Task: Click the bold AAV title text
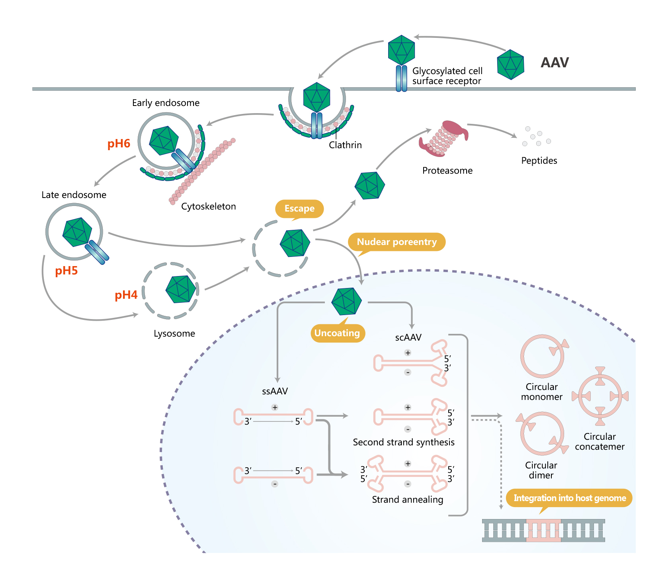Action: coord(555,63)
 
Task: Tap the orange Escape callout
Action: coord(299,209)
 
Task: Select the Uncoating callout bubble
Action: coord(337,333)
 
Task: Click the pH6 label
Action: coord(119,144)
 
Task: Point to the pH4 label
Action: coord(126,295)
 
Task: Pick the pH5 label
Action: coord(66,271)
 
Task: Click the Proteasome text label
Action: coord(447,171)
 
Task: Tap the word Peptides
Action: coord(539,161)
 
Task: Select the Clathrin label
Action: coord(345,145)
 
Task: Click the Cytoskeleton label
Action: coord(208,207)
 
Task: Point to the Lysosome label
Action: coord(174,334)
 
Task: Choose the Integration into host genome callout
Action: coord(569,498)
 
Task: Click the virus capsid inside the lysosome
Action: coord(182,289)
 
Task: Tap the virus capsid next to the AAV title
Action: coord(510,65)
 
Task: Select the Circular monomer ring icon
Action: coord(542,356)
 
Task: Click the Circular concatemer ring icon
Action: coord(600,396)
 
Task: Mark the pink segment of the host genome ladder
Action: coord(543,531)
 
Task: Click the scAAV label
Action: coord(408,338)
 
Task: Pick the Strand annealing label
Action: coord(407,500)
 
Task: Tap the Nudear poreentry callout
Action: coord(397,242)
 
